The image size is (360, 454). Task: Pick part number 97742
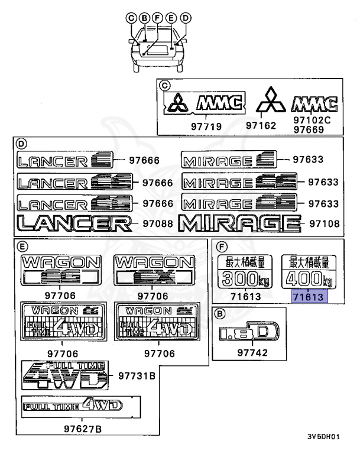coord(253,354)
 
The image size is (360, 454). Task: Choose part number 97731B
coord(137,376)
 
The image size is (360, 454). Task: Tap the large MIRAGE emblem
coord(238,223)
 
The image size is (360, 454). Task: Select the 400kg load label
coord(307,271)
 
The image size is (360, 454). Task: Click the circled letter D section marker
coord(22,143)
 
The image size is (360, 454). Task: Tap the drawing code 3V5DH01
coord(323,437)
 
